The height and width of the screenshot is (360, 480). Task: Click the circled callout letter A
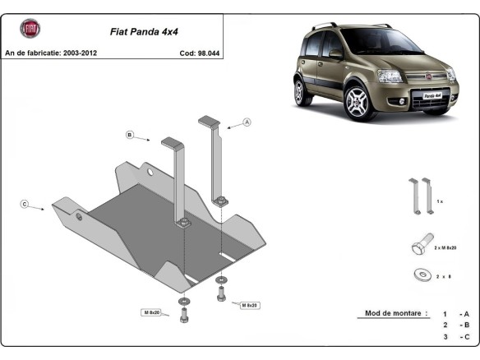[246, 122]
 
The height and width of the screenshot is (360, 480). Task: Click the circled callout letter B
[129, 134]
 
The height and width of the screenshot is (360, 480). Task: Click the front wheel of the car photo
[359, 104]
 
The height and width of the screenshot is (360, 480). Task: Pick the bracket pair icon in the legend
[421, 196]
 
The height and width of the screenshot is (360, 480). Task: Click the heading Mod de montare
[394, 313]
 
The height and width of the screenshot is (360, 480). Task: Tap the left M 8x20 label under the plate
[150, 312]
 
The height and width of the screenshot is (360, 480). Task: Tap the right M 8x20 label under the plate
[248, 305]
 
